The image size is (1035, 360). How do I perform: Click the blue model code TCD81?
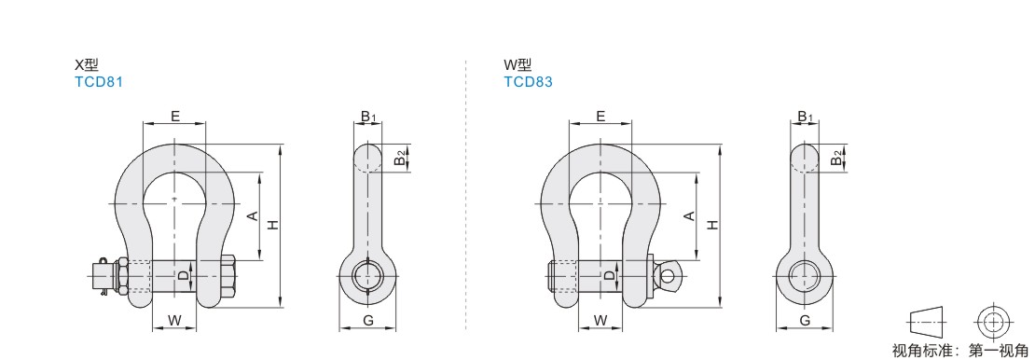[99, 82]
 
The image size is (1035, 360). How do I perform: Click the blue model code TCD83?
[528, 82]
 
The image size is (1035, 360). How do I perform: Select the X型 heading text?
[87, 64]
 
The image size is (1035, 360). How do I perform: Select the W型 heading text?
[517, 64]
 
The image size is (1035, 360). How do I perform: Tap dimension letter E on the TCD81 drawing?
[175, 117]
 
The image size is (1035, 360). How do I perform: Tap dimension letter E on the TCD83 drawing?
[600, 117]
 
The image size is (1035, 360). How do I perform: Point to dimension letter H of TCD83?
[712, 226]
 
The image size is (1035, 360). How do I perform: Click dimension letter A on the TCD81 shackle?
[252, 216]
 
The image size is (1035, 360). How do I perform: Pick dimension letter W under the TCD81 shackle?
[174, 321]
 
